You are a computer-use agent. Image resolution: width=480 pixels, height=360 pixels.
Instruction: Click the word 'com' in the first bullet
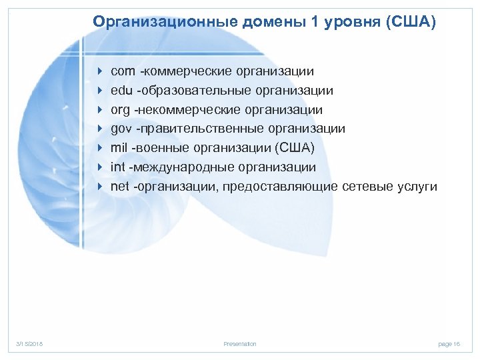click(x=123, y=71)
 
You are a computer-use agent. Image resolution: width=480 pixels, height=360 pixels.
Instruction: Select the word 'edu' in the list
click(x=122, y=90)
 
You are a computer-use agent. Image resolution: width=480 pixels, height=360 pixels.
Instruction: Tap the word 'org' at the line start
click(x=121, y=109)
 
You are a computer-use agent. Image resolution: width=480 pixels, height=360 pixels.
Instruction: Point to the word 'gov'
click(x=122, y=129)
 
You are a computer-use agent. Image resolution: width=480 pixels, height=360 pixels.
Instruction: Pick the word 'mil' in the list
click(x=119, y=147)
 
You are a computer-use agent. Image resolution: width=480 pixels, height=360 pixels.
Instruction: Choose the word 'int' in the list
click(x=118, y=167)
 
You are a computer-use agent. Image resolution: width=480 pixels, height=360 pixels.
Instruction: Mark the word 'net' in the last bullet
click(x=120, y=186)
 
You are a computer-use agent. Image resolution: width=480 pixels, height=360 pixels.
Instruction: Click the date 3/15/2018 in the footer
click(x=29, y=344)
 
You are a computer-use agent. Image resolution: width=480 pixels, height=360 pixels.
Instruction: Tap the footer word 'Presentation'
click(x=240, y=344)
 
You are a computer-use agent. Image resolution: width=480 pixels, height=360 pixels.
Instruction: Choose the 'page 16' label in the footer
click(x=449, y=344)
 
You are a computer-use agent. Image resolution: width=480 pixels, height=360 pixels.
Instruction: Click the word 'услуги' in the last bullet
click(x=417, y=186)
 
